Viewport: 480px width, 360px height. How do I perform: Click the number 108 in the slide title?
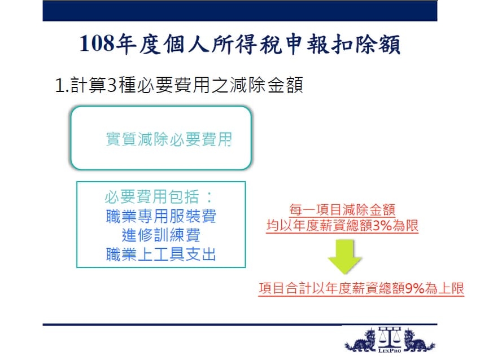click(x=97, y=43)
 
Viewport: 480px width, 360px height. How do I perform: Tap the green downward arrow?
click(x=345, y=257)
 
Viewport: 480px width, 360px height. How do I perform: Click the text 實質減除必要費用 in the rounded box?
click(x=169, y=139)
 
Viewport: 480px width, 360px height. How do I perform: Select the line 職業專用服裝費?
click(x=161, y=216)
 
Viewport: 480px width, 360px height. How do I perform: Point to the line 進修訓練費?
click(x=161, y=235)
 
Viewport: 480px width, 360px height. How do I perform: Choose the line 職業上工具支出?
click(x=161, y=254)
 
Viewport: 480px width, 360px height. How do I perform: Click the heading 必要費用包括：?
click(x=159, y=197)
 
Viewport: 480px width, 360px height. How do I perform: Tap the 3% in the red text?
click(x=383, y=226)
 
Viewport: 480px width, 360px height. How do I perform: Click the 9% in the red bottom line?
click(x=414, y=288)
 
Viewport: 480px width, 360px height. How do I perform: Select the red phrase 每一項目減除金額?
click(x=342, y=210)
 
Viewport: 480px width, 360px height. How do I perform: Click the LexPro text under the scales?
click(x=390, y=350)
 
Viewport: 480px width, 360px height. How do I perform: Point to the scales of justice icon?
click(x=390, y=337)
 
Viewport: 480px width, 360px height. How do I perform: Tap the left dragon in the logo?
click(x=361, y=340)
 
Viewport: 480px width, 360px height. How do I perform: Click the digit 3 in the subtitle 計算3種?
click(x=112, y=85)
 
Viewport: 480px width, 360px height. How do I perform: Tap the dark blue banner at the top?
click(x=239, y=11)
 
